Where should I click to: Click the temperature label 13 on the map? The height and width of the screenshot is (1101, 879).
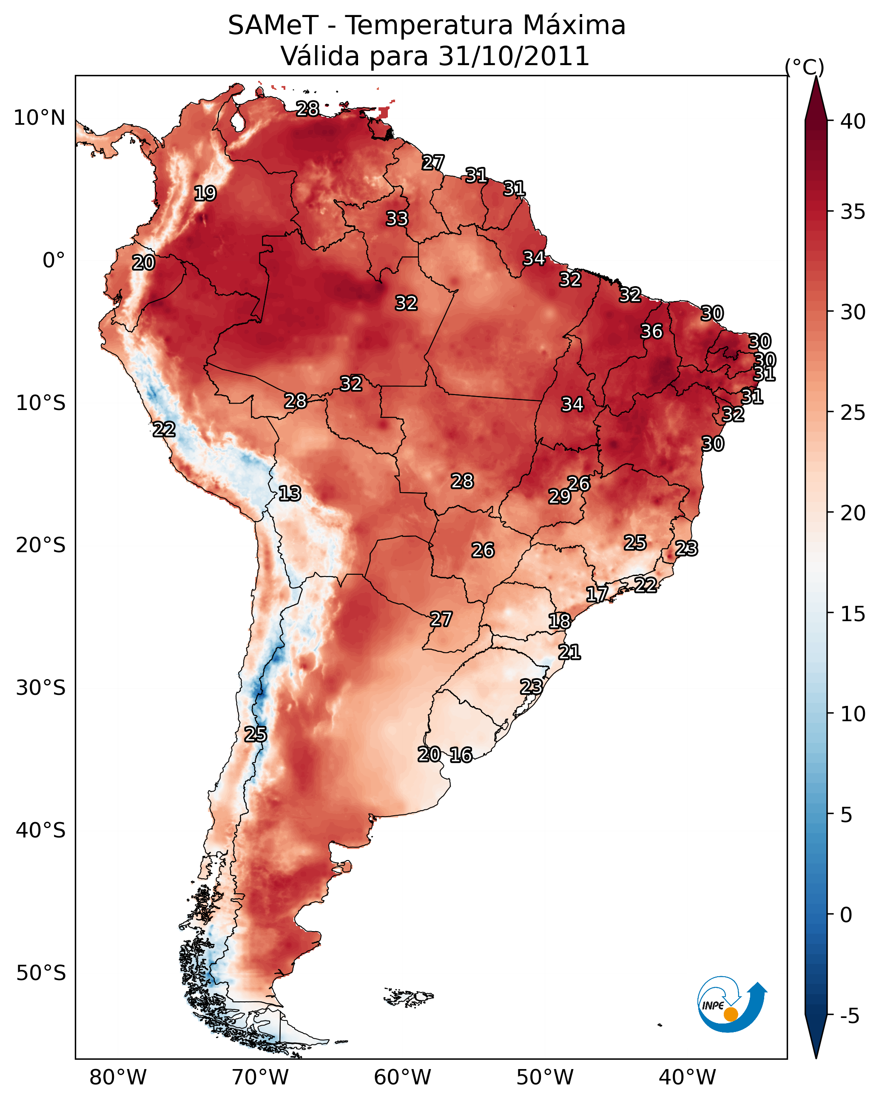coord(289,493)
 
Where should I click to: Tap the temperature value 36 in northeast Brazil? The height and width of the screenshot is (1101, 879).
coord(651,331)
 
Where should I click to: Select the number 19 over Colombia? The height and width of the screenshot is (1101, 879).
coord(205,194)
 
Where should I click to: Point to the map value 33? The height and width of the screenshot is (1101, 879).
coord(397,218)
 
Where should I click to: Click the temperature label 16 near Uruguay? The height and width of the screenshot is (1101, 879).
coord(461,755)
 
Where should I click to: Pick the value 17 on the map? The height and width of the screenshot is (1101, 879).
coord(596,594)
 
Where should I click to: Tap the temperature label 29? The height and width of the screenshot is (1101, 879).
coord(559,496)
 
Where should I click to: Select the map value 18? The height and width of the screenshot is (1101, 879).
coord(559,621)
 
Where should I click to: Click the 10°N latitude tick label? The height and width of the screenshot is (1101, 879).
coord(39,118)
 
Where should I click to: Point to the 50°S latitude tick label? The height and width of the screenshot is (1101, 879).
coord(41,973)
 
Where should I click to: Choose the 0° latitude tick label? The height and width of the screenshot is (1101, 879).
coord(54,261)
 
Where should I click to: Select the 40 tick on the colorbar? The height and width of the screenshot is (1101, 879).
coord(853,121)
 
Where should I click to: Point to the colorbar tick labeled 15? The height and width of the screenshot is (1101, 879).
coord(853,614)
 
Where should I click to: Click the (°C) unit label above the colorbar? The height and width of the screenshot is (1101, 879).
coord(804,67)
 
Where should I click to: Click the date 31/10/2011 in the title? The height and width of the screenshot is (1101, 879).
coord(514,56)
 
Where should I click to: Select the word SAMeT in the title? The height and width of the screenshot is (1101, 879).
coord(273,26)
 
